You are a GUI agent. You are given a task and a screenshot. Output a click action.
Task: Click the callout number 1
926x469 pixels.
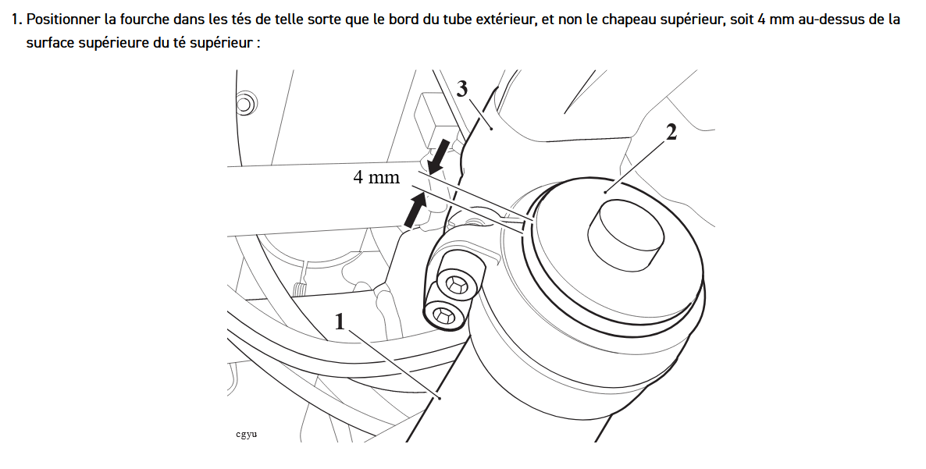coord(340,322)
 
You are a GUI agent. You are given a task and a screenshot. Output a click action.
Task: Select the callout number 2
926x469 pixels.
coord(671,132)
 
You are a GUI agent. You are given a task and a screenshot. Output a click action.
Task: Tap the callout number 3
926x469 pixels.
coord(462,89)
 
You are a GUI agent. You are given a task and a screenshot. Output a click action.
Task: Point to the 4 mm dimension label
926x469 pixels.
coord(376,178)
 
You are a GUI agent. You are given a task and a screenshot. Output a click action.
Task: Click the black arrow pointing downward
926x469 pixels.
coord(438,157)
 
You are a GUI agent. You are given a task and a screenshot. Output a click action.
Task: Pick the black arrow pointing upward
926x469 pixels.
coord(416,210)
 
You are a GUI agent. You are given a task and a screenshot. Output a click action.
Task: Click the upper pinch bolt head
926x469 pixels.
coord(458,283)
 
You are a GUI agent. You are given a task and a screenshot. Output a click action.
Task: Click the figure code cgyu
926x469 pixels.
coord(246,435)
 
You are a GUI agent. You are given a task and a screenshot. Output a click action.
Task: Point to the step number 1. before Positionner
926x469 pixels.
coord(17,20)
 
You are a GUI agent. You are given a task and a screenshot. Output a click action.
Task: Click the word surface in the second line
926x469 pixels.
coord(52,43)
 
